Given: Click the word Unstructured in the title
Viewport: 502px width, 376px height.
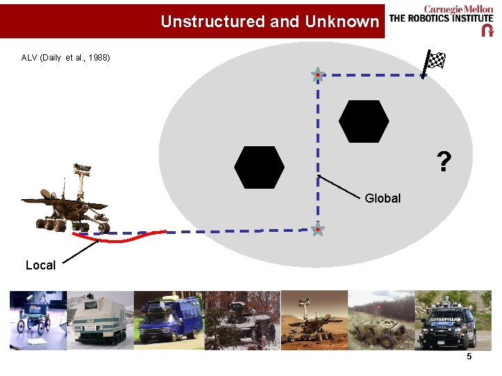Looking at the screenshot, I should [x=213, y=22].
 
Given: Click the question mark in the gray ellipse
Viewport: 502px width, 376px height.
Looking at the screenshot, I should [x=443, y=162].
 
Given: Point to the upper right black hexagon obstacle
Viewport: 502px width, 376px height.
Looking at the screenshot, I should [x=363, y=120].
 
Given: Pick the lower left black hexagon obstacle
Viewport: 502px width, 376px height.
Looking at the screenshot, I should [x=259, y=167].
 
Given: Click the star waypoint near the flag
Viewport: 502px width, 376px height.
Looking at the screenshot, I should [x=317, y=75].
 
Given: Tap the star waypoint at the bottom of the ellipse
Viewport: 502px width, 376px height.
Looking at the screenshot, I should [x=317, y=228].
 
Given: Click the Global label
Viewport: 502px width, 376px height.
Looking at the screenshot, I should [x=383, y=198].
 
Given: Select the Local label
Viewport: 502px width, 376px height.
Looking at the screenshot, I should [x=40, y=265].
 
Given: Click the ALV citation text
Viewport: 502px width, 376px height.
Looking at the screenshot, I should [x=66, y=57].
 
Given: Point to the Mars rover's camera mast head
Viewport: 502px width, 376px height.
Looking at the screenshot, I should [x=82, y=168].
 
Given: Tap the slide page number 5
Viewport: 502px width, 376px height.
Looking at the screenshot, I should [x=469, y=357].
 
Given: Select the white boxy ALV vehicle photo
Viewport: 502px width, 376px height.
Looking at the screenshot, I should [x=100, y=320].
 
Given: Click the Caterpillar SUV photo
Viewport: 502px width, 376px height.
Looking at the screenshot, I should [x=445, y=320].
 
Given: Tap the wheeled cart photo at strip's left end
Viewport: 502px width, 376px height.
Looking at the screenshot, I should [x=38, y=320].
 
